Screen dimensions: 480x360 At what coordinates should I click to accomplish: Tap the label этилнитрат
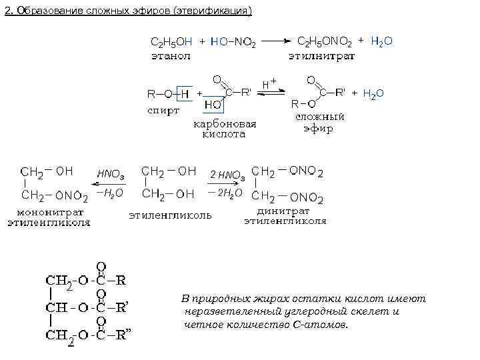[321, 56]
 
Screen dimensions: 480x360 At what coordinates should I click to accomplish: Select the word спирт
[163, 111]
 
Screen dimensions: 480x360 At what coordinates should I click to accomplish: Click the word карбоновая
[225, 123]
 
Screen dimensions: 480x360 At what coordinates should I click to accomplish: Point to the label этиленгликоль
[170, 215]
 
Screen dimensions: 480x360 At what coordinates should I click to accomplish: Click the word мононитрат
[49, 213]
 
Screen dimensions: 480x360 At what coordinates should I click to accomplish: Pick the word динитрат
[285, 211]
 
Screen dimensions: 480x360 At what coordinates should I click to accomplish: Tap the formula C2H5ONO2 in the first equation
[324, 41]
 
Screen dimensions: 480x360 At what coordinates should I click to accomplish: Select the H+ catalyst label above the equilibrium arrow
[269, 83]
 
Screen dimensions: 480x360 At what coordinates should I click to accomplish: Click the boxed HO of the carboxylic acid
[213, 105]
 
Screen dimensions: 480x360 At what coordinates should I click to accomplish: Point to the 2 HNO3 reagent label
[227, 175]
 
